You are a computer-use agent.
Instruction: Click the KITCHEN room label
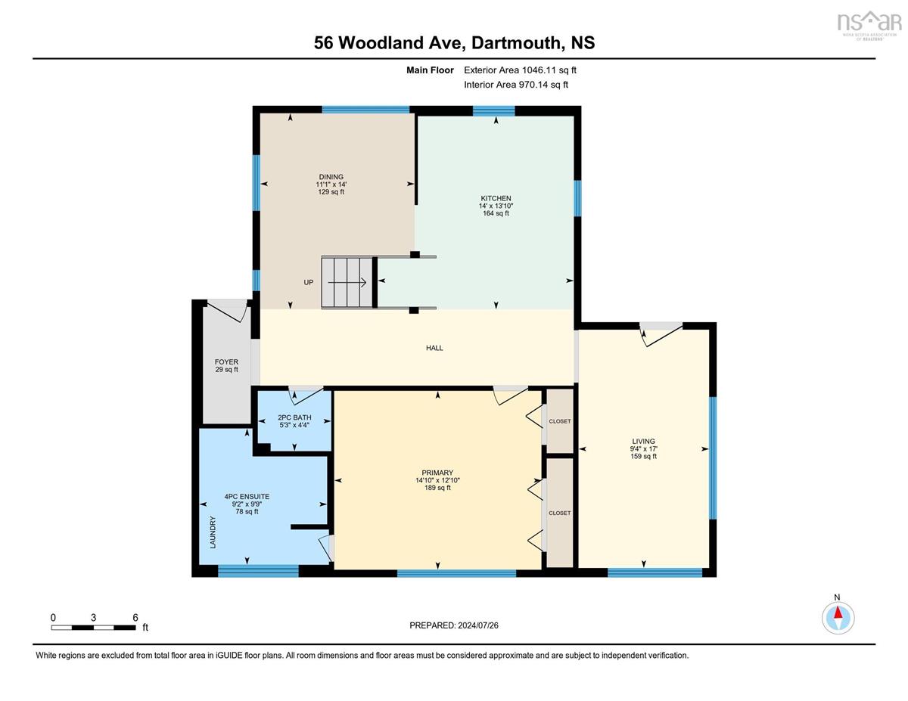[496, 198]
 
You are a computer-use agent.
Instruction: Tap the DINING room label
[331, 177]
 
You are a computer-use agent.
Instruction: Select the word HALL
[434, 348]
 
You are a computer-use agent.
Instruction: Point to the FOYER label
[226, 362]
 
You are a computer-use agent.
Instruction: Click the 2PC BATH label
[294, 417]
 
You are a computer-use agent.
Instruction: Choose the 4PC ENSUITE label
[247, 496]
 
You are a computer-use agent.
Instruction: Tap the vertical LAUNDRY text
[213, 532]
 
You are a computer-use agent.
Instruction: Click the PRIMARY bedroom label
[437, 473]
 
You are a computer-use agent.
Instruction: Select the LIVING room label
[643, 441]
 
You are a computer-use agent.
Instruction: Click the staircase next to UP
[347, 283]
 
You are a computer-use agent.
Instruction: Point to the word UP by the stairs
[309, 282]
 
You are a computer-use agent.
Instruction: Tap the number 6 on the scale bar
[135, 618]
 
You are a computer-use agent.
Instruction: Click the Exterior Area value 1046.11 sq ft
[548, 70]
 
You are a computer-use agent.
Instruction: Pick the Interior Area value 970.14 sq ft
[543, 85]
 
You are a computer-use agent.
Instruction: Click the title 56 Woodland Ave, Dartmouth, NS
[454, 42]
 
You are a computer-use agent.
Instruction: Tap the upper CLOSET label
[560, 421]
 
